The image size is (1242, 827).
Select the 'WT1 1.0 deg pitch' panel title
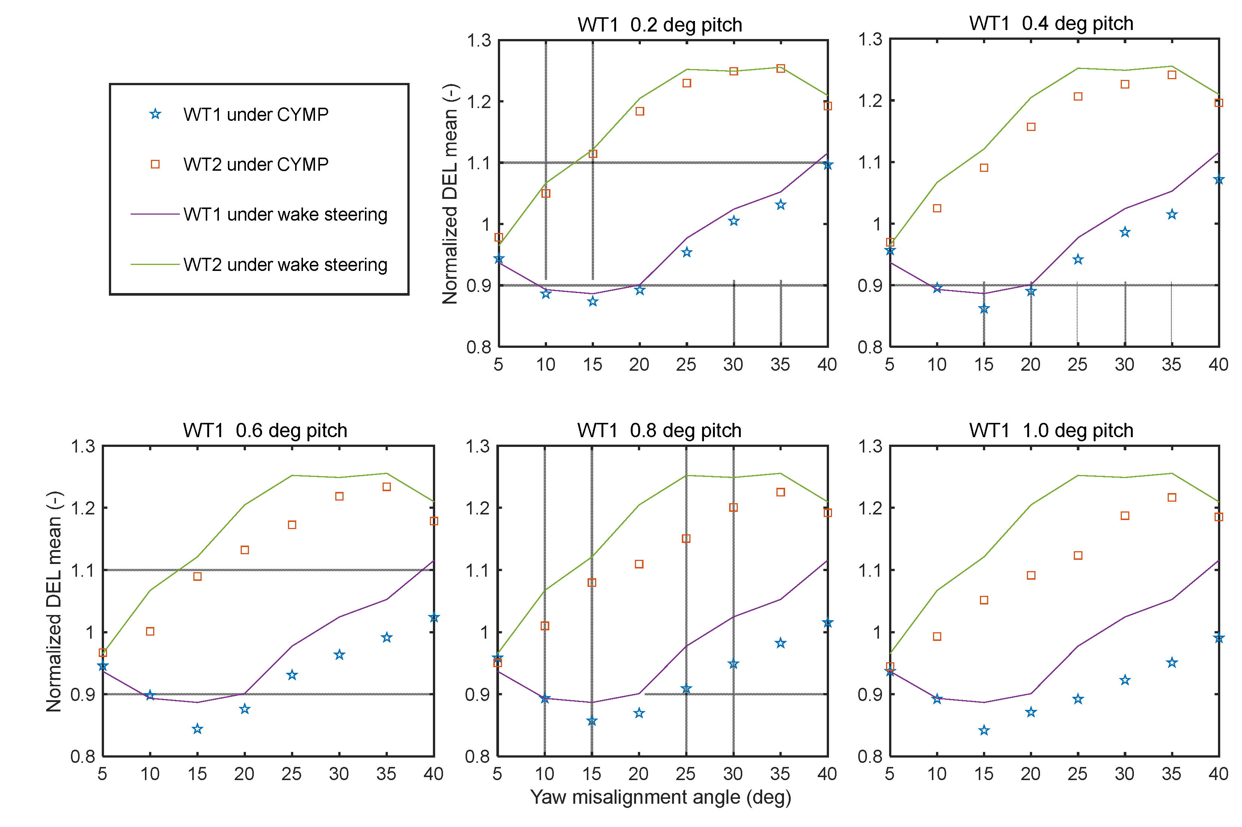pyautogui.click(x=1051, y=430)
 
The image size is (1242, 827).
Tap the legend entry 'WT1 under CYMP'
pyautogui.click(x=255, y=114)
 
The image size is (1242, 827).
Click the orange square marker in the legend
pyautogui.click(x=155, y=165)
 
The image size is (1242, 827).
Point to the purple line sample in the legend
pyautogui.click(x=155, y=214)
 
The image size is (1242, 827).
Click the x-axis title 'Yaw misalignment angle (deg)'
pyautogui.click(x=660, y=797)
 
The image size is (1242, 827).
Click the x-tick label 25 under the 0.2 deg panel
pyautogui.click(x=686, y=364)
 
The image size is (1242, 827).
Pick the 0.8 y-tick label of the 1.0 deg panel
pyautogui.click(x=870, y=756)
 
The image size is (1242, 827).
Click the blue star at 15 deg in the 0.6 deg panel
pyautogui.click(x=197, y=729)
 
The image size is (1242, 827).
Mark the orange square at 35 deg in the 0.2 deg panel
pyautogui.click(x=780, y=69)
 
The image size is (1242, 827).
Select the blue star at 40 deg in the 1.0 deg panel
pyautogui.click(x=1218, y=638)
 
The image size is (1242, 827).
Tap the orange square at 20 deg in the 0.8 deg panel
pyautogui.click(x=639, y=564)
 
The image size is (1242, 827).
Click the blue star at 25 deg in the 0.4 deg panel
pyautogui.click(x=1078, y=260)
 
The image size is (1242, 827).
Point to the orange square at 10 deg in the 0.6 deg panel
pyautogui.click(x=150, y=632)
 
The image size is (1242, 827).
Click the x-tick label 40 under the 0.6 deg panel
pyautogui.click(x=433, y=774)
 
